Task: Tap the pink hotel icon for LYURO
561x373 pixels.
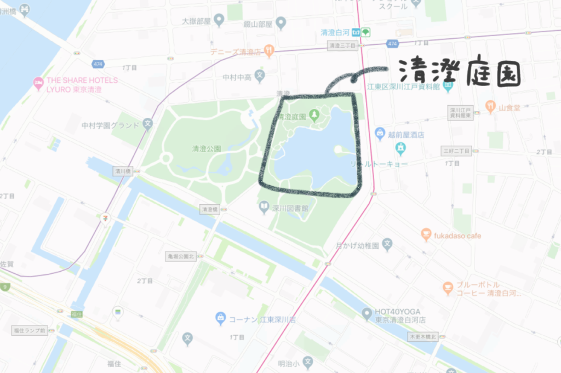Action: [x=38, y=84]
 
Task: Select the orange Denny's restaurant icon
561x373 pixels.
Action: [x=269, y=51]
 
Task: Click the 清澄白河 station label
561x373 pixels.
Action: [x=335, y=32]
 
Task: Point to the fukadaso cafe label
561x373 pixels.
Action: [x=459, y=236]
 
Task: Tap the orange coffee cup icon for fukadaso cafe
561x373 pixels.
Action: [x=426, y=236]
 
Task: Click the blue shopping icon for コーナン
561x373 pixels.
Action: [x=220, y=318]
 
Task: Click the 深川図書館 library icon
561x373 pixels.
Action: [x=264, y=208]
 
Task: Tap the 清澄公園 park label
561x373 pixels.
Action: [x=206, y=148]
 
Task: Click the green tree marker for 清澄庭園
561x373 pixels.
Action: [x=314, y=116]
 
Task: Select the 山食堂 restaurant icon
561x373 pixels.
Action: [x=490, y=107]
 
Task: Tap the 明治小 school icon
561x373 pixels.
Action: [x=308, y=363]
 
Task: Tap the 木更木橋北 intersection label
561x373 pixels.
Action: [x=423, y=336]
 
